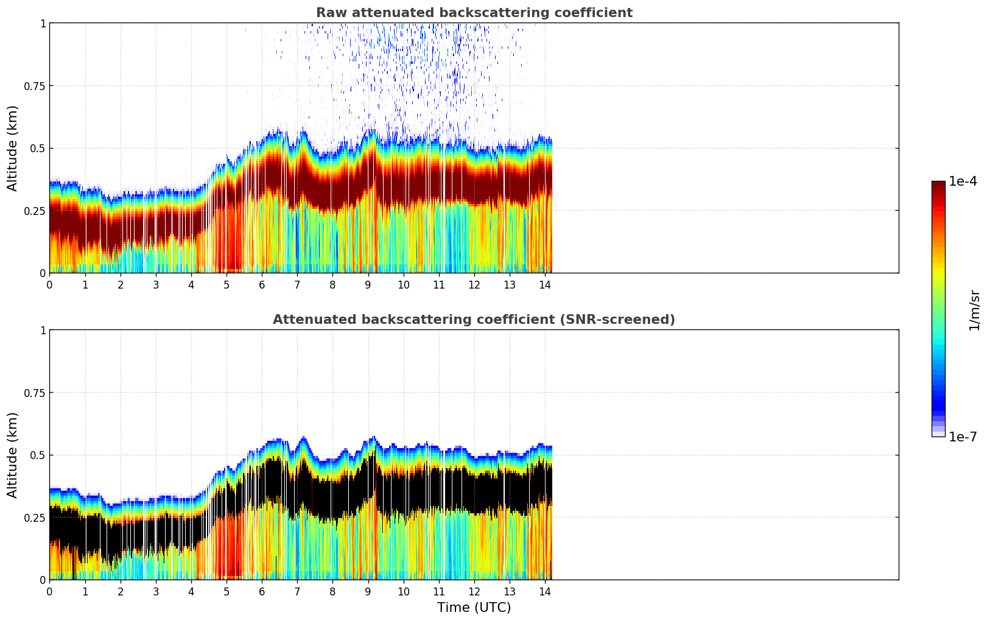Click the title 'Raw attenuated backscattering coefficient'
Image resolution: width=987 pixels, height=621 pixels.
pos(474,13)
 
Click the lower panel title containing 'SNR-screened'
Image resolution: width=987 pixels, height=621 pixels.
pos(474,320)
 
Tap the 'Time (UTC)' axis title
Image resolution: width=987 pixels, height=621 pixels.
pos(474,608)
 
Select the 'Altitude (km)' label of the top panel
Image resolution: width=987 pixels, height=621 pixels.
pos(13,148)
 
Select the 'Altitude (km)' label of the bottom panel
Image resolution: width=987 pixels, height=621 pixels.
pos(13,455)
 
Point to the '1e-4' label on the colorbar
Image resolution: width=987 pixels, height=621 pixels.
pos(963,181)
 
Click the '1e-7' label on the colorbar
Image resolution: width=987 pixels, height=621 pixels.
pos(963,437)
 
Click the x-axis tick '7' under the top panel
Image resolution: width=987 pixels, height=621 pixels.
pos(297,285)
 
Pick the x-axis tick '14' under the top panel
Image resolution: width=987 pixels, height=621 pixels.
pos(545,285)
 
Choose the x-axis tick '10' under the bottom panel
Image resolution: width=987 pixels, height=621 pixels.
pos(403,592)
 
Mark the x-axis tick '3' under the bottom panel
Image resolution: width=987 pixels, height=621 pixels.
pos(156,592)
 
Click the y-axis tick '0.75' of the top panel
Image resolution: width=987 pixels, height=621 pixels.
pos(35,86)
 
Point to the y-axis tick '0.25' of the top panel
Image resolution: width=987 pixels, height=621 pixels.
pos(35,211)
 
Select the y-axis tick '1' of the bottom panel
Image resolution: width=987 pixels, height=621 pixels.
pos(43,331)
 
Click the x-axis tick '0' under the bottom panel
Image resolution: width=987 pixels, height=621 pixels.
pos(50,592)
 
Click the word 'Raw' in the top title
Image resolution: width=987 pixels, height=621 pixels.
pos(329,13)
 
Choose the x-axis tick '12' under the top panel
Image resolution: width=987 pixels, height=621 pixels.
pos(474,285)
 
